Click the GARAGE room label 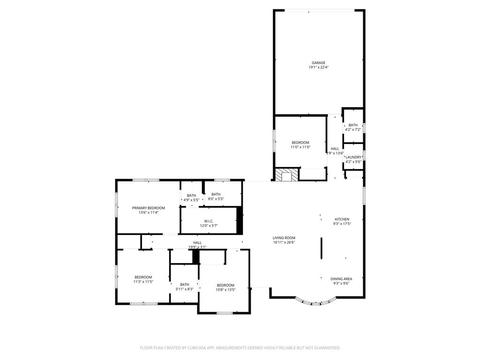coord(319,63)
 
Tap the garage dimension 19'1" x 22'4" coord(319,67)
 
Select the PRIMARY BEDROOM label coord(149,208)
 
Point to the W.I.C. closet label coord(209,221)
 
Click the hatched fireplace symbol coord(286,174)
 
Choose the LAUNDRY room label coord(353,157)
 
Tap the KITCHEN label coord(342,219)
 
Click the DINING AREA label coord(341,279)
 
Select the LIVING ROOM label coord(284,238)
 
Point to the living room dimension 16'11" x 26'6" coord(284,242)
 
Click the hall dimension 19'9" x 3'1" coord(197,247)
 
